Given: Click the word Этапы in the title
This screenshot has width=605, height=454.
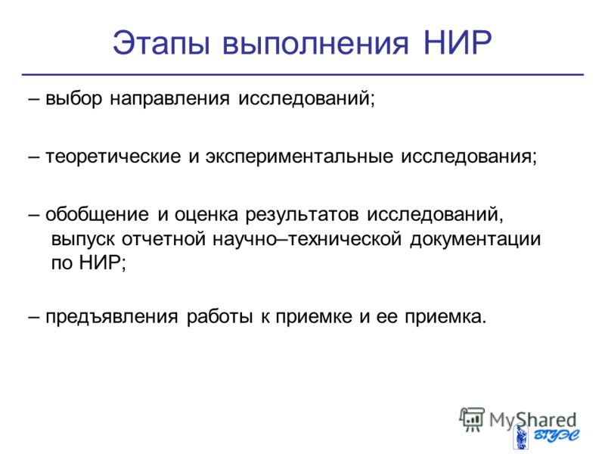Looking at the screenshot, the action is point(161,43).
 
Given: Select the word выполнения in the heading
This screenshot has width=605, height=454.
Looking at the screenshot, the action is point(315,43).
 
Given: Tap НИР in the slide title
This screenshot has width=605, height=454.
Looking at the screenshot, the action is point(458,42).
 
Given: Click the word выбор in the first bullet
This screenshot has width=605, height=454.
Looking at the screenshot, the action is point(73,98).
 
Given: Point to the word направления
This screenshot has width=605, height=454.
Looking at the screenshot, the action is point(169,99).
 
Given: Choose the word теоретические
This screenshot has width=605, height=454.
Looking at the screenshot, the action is point(113,157).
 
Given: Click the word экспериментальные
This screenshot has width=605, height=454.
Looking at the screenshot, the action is point(299,157).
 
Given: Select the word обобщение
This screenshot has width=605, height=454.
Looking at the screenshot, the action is point(97,214).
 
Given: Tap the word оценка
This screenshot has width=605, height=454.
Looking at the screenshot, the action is point(206,215).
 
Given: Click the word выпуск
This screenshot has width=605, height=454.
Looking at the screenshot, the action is point(82,239).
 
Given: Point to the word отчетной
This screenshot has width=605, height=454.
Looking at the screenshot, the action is point(164,238).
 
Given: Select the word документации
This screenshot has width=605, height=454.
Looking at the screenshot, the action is point(476,239).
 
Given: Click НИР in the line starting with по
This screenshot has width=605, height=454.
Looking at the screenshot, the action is point(101,263).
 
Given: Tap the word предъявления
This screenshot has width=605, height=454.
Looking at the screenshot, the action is point(112,317).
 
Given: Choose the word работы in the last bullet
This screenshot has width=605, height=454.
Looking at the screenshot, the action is point(219,316).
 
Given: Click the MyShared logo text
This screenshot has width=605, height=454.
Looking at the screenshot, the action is point(532,420).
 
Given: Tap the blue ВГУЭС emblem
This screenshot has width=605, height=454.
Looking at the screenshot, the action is point(547,437).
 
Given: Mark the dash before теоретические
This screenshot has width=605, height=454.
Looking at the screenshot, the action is point(33,157).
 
